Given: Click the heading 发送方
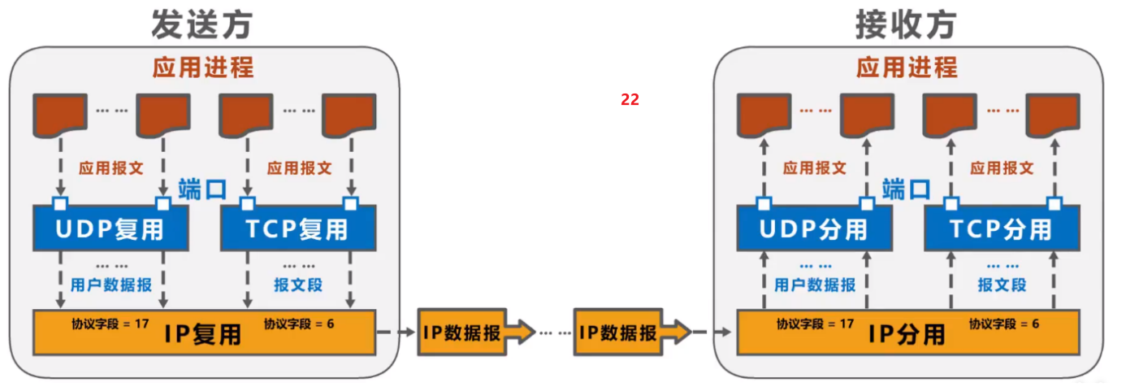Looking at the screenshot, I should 201,25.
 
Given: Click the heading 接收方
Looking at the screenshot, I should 906,25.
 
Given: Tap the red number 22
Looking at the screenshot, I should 630,100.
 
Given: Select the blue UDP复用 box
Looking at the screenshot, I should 110,228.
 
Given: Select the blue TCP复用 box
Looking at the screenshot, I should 299,228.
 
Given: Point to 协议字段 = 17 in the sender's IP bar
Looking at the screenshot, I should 110,324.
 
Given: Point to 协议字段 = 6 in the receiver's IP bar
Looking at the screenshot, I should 1004,324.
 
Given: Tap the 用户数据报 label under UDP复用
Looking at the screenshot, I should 110,285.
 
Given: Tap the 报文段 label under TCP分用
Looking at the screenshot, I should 1002,285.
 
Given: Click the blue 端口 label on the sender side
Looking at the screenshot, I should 201,189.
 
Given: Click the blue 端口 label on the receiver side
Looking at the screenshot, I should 906,189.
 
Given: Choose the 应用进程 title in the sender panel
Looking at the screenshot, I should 203,67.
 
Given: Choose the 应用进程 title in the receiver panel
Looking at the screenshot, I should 907,67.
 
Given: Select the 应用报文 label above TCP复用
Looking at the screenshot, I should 299,168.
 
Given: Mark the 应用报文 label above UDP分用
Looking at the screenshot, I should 814,168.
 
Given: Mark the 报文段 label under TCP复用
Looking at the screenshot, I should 297,285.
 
